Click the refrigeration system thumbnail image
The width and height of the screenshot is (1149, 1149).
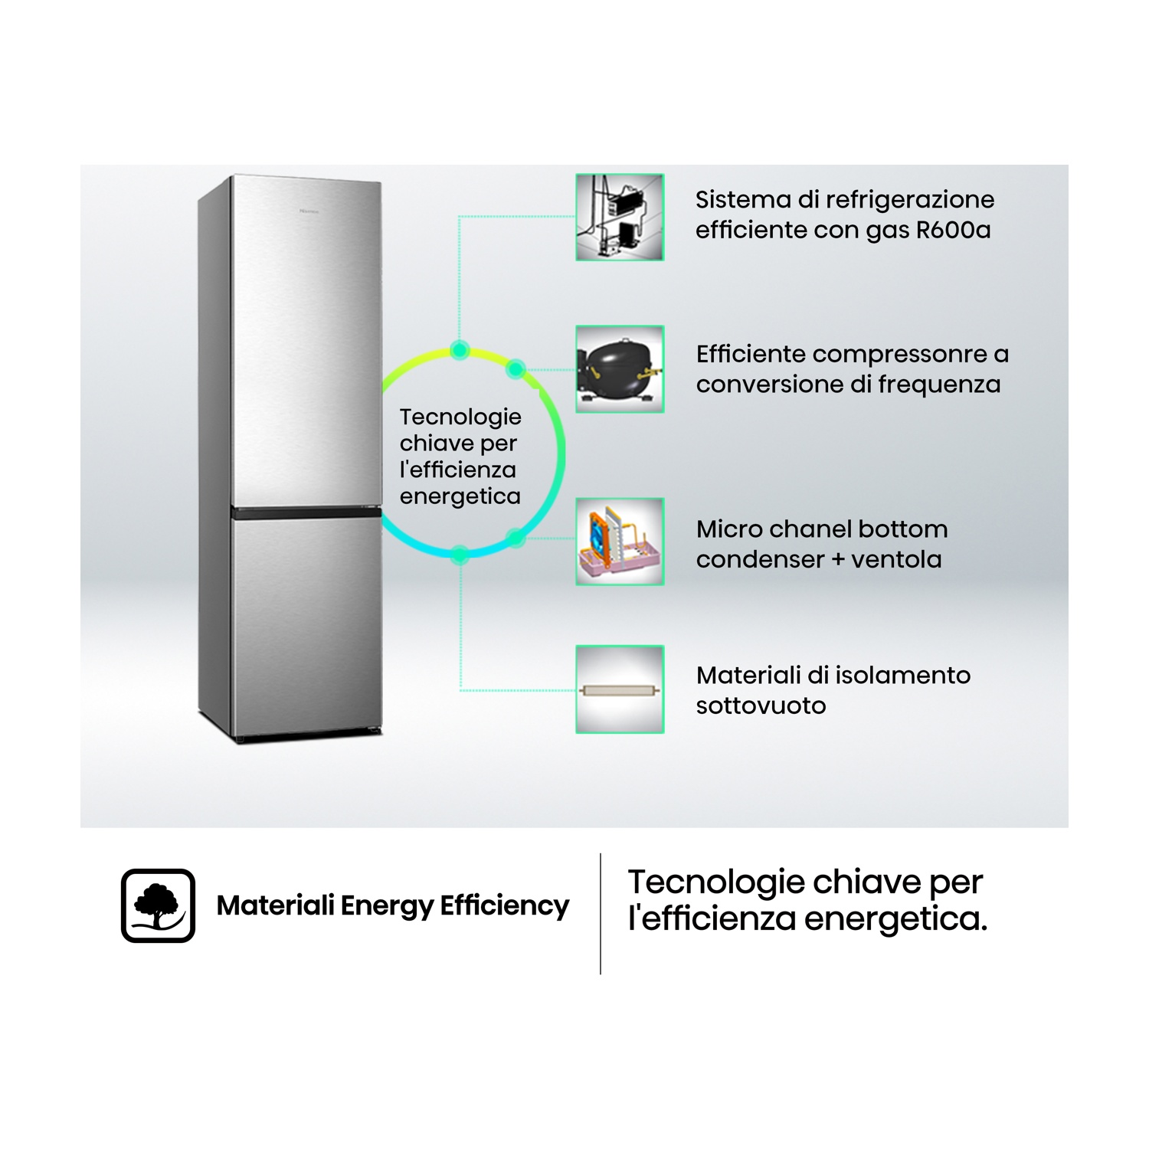[620, 217]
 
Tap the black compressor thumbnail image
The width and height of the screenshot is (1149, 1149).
[620, 369]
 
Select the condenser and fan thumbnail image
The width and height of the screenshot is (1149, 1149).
[620, 542]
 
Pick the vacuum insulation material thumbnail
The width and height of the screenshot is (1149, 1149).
[620, 689]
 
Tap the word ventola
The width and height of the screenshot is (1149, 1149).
[896, 559]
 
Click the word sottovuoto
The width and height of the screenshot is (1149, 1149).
[761, 705]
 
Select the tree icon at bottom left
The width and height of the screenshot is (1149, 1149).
[158, 905]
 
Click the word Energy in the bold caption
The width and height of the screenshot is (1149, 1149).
[387, 906]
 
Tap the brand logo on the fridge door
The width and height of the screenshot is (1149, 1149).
[309, 211]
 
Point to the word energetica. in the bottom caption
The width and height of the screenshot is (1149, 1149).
[896, 918]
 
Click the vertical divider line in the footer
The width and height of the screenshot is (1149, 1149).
[601, 914]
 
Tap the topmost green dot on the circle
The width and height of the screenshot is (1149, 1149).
[460, 350]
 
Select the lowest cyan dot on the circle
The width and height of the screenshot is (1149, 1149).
[460, 554]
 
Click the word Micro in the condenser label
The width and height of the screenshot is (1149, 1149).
[730, 529]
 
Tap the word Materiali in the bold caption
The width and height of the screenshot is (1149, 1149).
[276, 905]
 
